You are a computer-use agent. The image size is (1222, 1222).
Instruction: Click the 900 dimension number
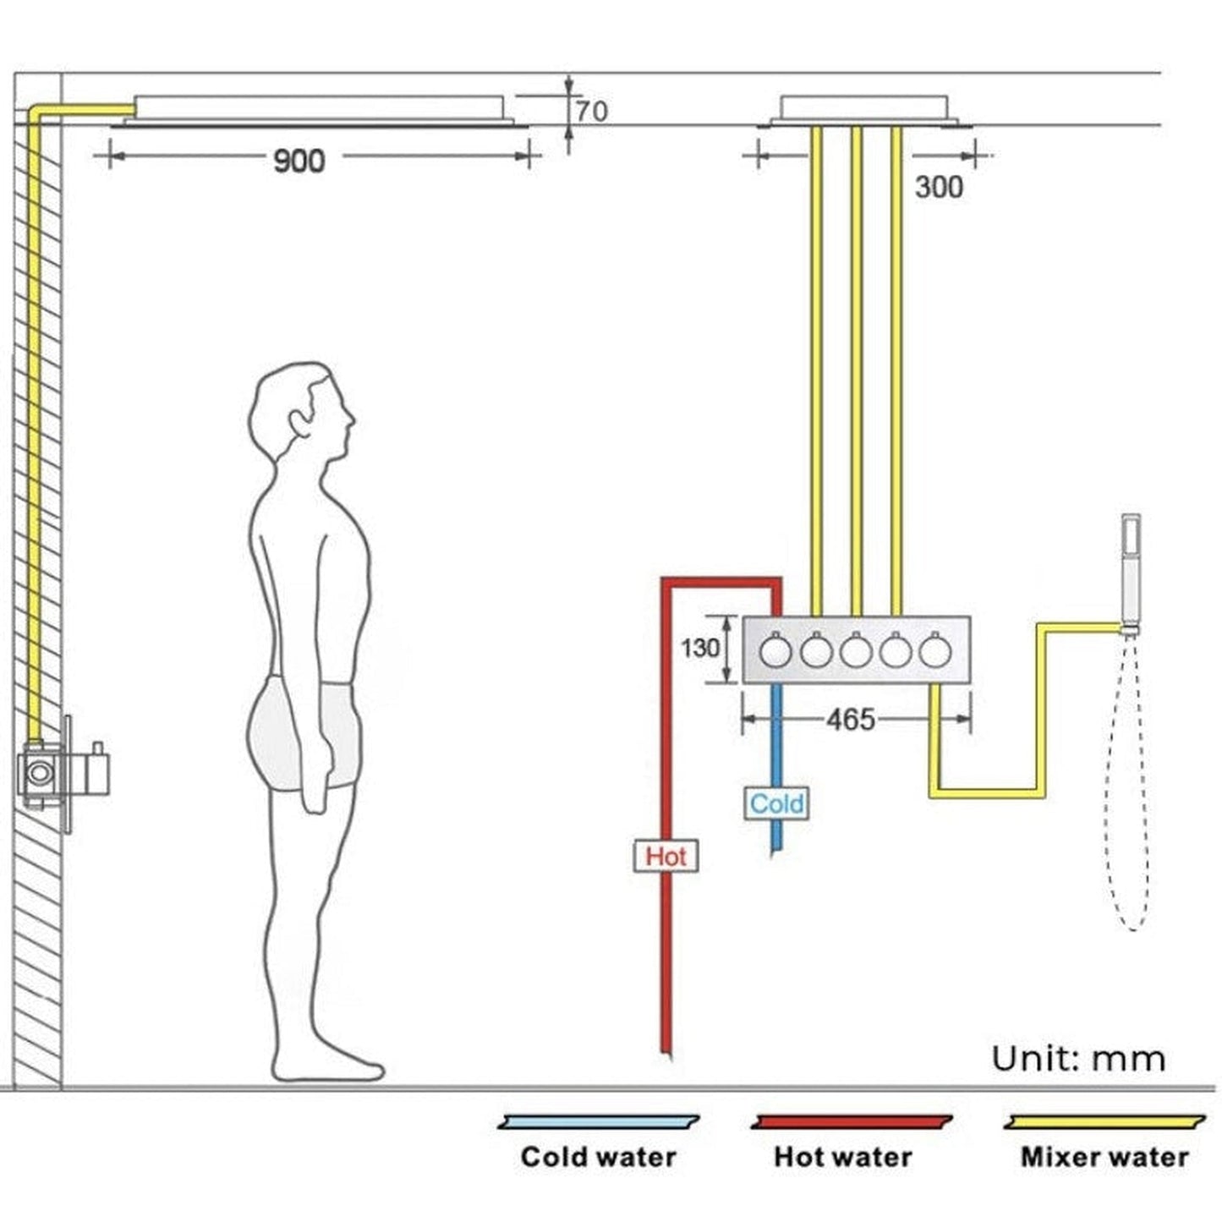[299, 161]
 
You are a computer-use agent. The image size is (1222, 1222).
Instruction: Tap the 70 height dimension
[591, 112]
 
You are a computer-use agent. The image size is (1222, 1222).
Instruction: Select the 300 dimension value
[938, 187]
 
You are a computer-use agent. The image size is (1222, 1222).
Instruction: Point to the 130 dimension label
[700, 649]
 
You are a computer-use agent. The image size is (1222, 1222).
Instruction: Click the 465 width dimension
[850, 720]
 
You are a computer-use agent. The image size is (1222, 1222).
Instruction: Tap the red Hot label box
[666, 856]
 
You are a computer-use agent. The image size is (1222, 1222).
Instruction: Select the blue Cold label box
[776, 803]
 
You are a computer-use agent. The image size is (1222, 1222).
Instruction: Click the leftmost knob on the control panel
[775, 651]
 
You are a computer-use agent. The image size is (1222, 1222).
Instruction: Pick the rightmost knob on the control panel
[935, 651]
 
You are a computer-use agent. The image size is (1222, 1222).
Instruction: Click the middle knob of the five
[855, 651]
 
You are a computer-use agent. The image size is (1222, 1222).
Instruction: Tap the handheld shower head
[1130, 571]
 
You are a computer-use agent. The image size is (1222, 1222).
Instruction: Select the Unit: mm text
[1078, 1059]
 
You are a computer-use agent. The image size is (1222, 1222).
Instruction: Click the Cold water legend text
[598, 1156]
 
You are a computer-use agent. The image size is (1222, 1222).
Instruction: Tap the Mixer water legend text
[1104, 1156]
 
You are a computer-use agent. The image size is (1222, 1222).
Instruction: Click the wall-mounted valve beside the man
[63, 772]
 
